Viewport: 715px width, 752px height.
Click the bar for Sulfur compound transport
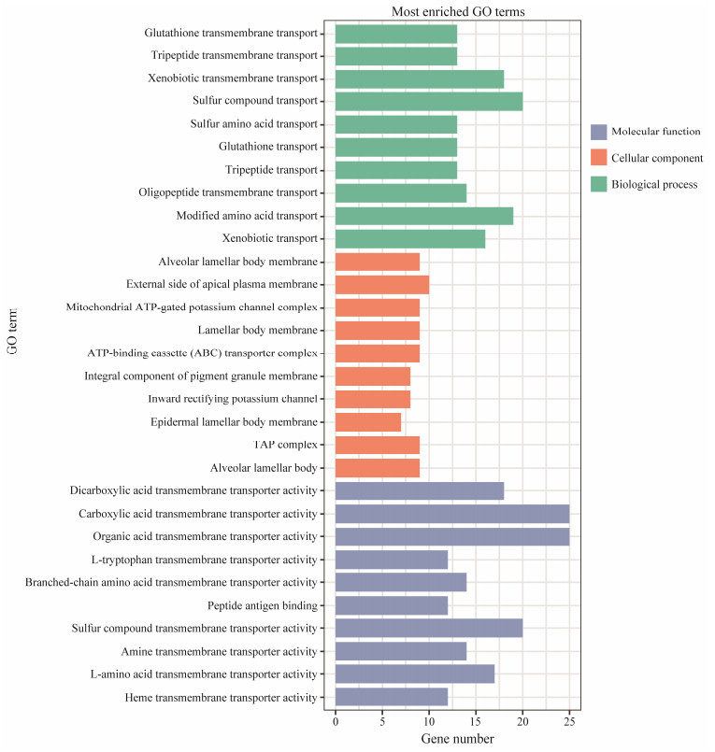[x=428, y=101]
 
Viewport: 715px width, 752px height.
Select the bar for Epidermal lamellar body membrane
[x=367, y=421]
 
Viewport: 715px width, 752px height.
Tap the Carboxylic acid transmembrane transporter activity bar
[x=451, y=513]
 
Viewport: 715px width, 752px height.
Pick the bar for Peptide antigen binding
[x=391, y=604]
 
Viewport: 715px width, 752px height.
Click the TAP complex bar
[x=377, y=445]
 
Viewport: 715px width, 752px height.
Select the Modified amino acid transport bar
[x=423, y=215]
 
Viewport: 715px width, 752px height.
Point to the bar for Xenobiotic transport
[x=409, y=238]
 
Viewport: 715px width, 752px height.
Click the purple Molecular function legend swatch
[x=599, y=133]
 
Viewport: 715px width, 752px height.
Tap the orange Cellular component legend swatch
[x=599, y=159]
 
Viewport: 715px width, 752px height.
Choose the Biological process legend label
[x=654, y=185]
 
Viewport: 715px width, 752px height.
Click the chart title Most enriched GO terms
[x=458, y=11]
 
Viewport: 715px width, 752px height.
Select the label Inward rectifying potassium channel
[x=234, y=399]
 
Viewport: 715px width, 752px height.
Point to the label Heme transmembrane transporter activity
[x=222, y=697]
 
